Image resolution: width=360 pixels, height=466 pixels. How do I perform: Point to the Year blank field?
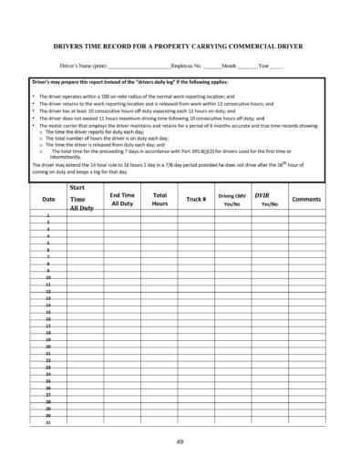click(x=276, y=67)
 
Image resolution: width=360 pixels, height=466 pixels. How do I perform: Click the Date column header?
click(x=48, y=199)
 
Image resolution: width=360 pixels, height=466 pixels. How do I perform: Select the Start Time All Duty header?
click(x=82, y=198)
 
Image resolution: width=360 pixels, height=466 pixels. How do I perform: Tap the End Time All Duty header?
click(x=121, y=199)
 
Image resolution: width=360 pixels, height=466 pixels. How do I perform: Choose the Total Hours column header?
click(x=160, y=199)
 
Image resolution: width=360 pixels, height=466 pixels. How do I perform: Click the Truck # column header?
click(x=196, y=199)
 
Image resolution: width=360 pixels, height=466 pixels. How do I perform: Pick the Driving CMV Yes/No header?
click(x=231, y=199)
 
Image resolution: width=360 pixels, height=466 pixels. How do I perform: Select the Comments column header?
click(x=306, y=199)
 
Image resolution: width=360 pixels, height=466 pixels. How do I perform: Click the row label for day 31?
click(x=48, y=423)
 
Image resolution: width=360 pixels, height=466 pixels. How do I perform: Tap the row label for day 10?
click(x=48, y=277)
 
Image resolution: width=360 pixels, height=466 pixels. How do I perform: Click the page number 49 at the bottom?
click(x=180, y=441)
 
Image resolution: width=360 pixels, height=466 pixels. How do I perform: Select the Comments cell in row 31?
click(x=306, y=423)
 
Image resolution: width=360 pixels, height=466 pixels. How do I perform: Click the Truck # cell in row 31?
click(x=196, y=423)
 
